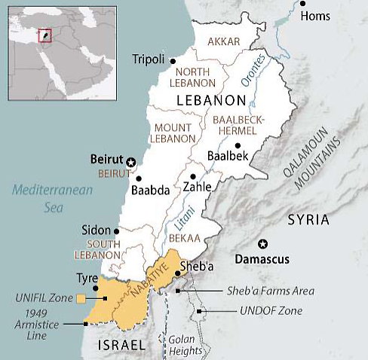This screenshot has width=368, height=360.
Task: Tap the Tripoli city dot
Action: [173, 60]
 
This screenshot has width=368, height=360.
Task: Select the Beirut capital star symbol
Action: [130, 162]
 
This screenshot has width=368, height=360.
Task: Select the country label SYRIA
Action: [308, 219]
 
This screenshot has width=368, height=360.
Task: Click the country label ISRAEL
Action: [121, 344]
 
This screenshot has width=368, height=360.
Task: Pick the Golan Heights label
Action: [186, 345]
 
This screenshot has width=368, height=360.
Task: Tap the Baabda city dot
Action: [138, 178]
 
